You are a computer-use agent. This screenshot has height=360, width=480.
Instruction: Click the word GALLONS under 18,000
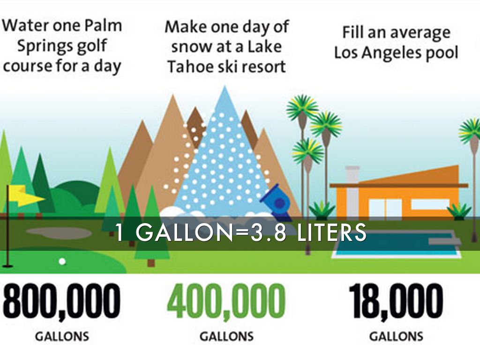point(397,337)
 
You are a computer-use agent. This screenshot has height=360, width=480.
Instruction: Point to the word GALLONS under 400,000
point(227,337)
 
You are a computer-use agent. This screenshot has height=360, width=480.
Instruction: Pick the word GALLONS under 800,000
point(62,337)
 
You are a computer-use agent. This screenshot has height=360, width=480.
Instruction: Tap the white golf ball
point(62,262)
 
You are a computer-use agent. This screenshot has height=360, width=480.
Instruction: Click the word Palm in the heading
point(103,26)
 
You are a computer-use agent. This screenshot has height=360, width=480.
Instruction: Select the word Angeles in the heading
point(386,53)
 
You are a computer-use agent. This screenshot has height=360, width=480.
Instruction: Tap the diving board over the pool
point(444,241)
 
